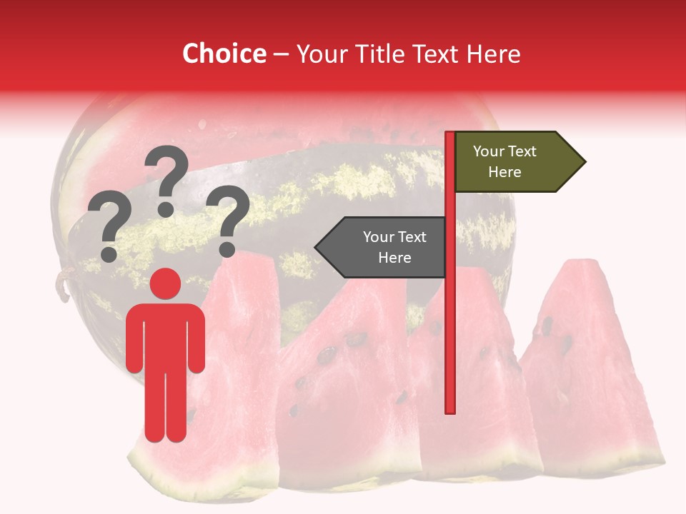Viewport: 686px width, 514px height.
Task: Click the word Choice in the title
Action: pos(224,54)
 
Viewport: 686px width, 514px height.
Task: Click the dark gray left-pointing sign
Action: pos(386,247)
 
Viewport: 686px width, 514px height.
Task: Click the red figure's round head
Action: pos(165,283)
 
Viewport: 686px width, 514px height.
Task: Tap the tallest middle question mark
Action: pos(166,179)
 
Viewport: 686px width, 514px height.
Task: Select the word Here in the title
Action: pos(493,54)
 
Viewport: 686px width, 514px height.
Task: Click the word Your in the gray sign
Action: pos(377,237)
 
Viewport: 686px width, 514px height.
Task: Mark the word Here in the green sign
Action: pos(504,172)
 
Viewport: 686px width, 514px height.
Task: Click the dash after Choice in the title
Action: pos(282,54)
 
